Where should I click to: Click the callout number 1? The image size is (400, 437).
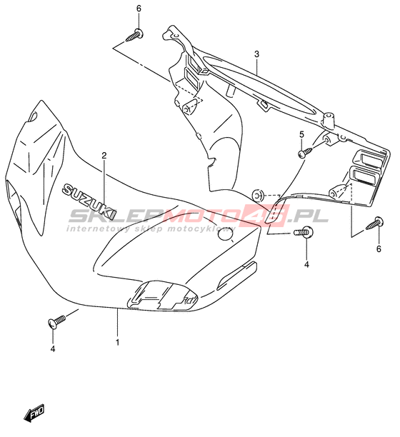(x=117, y=342)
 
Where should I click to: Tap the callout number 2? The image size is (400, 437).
(x=104, y=156)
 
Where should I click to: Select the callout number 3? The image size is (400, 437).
(x=256, y=54)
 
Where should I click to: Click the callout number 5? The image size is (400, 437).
(x=301, y=135)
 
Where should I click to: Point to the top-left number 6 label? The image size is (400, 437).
(x=139, y=9)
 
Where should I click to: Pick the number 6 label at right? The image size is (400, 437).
(x=379, y=248)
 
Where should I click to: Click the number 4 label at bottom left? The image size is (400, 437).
(x=53, y=348)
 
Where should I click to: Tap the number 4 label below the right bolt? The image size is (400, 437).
(x=306, y=264)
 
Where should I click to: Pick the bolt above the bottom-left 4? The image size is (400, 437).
(x=56, y=321)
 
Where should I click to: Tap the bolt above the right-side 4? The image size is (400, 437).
(x=304, y=232)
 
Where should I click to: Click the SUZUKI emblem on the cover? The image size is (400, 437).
(x=89, y=201)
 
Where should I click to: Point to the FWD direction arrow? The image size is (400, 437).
(x=34, y=412)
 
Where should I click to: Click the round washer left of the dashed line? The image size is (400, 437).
(x=258, y=196)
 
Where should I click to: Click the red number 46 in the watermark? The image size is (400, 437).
(x=266, y=215)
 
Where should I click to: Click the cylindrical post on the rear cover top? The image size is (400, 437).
(x=328, y=120)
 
